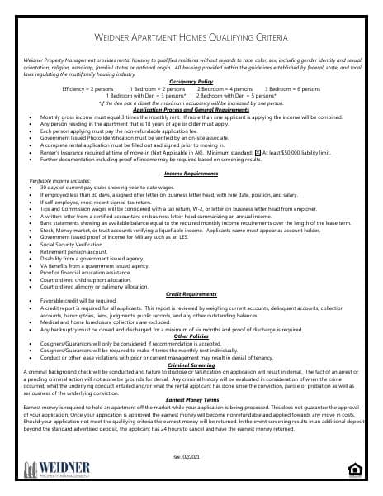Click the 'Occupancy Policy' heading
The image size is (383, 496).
pyautogui.click(x=191, y=82)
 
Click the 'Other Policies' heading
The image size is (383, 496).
pyautogui.click(x=191, y=336)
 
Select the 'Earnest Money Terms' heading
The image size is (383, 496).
pyautogui.click(x=191, y=400)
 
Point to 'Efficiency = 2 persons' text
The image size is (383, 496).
pyautogui.click(x=87, y=88)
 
